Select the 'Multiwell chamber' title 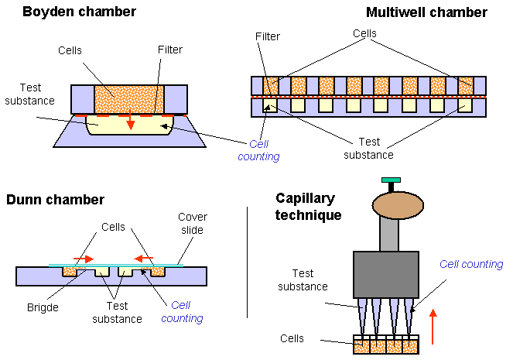coord(426,12)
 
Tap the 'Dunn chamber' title coord(55,200)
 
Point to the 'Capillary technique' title coord(309,207)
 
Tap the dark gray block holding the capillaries coord(385,275)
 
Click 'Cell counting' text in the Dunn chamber coord(186,312)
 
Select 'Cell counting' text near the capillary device coord(471,265)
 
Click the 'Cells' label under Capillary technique coord(292,339)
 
